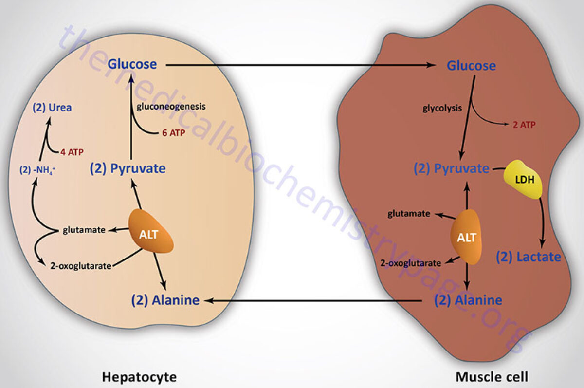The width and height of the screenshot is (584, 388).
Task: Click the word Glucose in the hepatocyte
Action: (x=132, y=64)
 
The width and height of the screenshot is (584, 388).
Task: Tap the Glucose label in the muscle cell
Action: (x=471, y=65)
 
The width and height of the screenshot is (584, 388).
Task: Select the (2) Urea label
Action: (x=52, y=108)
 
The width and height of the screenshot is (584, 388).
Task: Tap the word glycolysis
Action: (x=442, y=108)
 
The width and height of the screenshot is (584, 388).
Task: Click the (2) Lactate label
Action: (x=529, y=257)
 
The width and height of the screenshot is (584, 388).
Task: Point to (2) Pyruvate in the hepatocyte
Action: (x=128, y=169)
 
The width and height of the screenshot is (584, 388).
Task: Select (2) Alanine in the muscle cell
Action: (x=468, y=300)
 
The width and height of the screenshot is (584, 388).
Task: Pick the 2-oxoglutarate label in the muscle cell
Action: (x=411, y=263)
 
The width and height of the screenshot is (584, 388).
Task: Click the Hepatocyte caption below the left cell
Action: (x=139, y=377)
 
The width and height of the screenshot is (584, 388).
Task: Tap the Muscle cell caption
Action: (x=492, y=377)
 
